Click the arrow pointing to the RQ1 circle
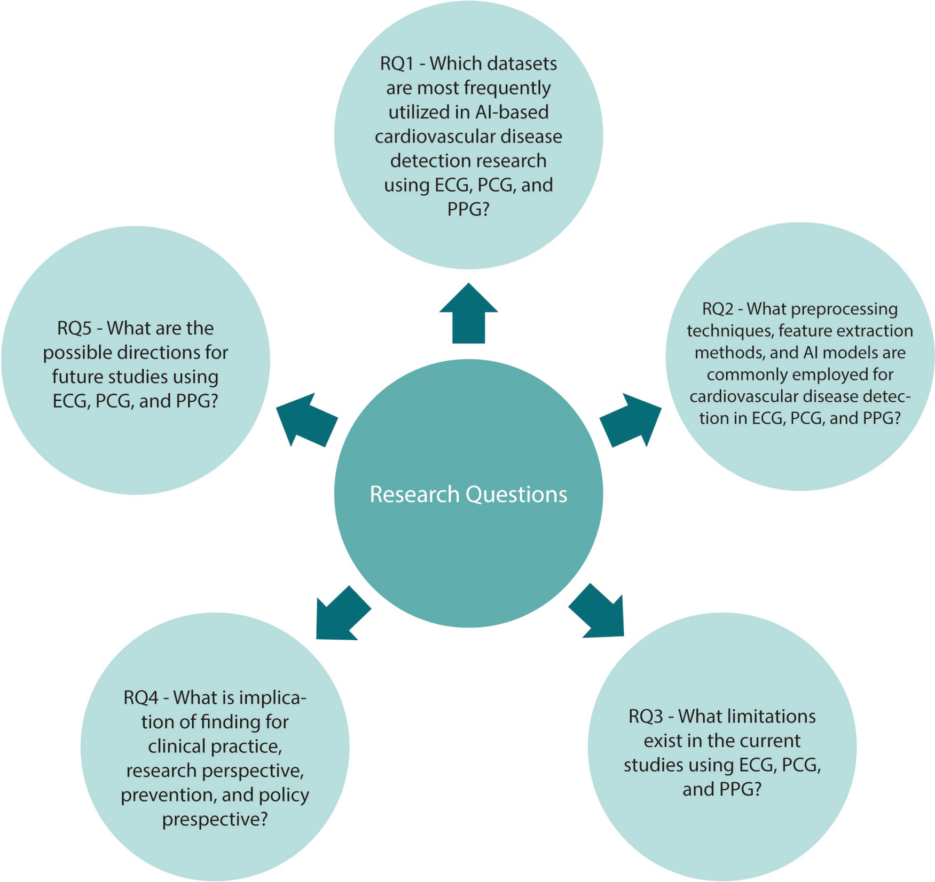(x=468, y=314)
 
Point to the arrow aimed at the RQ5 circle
(x=306, y=420)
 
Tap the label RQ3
(x=646, y=716)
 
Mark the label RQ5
(x=74, y=328)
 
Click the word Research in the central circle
(x=414, y=494)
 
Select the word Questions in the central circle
(x=516, y=494)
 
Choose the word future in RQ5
(x=77, y=376)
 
